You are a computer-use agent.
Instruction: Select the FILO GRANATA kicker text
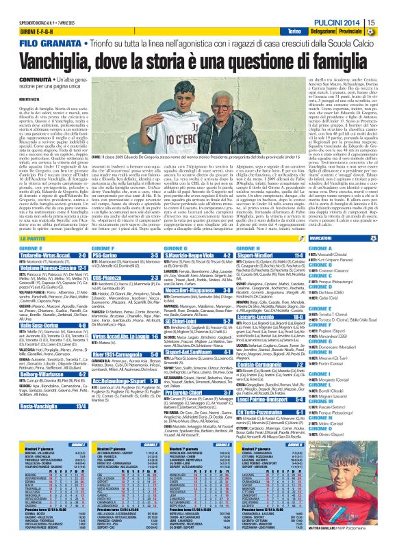coord(35,44)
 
